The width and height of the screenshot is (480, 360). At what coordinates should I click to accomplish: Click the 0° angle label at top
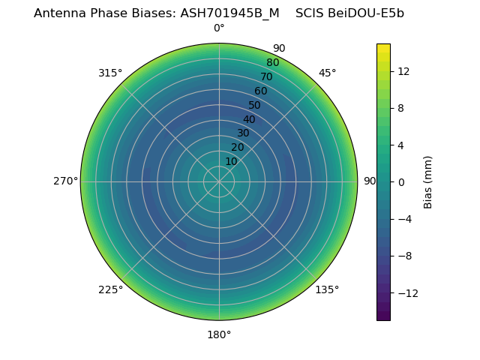[219, 28]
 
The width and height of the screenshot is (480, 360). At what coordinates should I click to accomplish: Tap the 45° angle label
[328, 73]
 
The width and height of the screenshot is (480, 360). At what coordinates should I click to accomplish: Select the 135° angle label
[327, 289]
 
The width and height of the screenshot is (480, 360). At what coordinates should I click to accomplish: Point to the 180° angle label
[219, 334]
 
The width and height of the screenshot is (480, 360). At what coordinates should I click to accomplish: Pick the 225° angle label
[110, 289]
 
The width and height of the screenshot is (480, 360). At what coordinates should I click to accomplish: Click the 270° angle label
[65, 181]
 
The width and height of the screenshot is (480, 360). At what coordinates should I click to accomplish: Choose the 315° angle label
[110, 73]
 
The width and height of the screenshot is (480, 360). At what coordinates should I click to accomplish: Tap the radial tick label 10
[231, 161]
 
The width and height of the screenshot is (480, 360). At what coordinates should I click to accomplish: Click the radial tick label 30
[243, 133]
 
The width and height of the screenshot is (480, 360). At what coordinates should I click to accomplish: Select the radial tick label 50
[255, 105]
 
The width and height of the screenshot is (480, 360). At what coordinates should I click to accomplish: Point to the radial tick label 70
[266, 76]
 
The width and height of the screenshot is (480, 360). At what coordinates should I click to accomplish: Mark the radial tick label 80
[272, 62]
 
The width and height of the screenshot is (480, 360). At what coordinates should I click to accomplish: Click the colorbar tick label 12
[403, 71]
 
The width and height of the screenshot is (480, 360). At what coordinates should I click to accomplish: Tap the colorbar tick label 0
[401, 181]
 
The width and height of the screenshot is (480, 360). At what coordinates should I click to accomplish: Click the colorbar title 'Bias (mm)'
[428, 181]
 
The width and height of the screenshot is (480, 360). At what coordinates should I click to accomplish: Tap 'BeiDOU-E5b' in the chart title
[366, 13]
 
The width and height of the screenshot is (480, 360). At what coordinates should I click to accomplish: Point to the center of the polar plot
[219, 181]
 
